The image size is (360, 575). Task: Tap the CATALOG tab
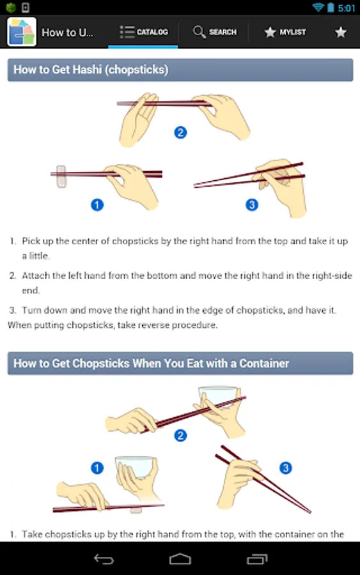143,33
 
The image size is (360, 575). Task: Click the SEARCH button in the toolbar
215,33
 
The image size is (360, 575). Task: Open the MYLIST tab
285,33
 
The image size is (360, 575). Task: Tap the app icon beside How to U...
22,32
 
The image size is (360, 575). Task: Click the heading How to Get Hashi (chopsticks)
91,69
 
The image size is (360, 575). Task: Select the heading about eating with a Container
151,364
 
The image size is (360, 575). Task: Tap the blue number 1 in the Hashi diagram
97,204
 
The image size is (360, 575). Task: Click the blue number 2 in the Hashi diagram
180,132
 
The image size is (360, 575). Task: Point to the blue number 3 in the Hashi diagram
252,204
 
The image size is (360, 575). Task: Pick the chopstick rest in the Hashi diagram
61,176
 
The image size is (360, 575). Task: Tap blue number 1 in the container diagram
97,468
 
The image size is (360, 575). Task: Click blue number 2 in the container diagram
180,436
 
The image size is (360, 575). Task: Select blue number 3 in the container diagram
285,468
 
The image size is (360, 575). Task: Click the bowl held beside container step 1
134,466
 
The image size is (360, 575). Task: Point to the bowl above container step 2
218,396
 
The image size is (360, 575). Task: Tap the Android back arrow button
104,559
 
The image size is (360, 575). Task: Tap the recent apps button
257,559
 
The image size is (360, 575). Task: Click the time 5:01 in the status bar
346,8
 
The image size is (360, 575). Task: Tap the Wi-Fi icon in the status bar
318,7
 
